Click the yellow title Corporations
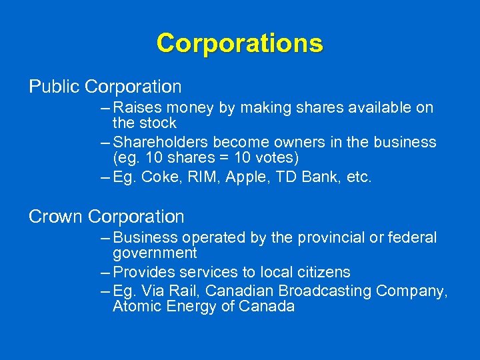tap(239, 43)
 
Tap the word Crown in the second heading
tap(55, 217)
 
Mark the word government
tap(155, 253)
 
